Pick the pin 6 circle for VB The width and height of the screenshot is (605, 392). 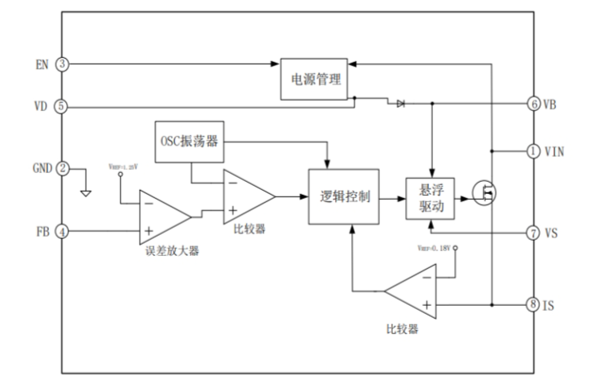click(534, 104)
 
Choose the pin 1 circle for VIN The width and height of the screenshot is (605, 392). click(534, 151)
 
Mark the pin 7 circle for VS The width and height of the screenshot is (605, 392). click(534, 233)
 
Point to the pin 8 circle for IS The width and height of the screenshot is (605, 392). click(534, 305)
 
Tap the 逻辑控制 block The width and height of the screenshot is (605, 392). click(345, 196)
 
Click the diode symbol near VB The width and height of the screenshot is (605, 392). click(399, 103)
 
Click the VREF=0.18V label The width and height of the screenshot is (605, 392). click(435, 248)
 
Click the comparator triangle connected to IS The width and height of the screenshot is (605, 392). click(415, 290)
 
